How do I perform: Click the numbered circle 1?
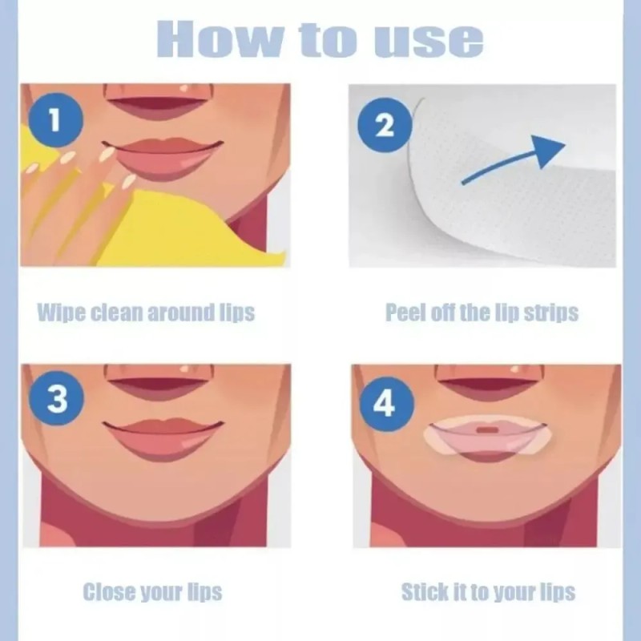(x=55, y=120)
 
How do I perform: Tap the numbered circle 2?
(x=385, y=126)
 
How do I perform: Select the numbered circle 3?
(x=56, y=398)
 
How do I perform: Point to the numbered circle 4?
(x=386, y=405)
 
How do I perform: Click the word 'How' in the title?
(x=219, y=38)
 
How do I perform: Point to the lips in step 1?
(x=163, y=158)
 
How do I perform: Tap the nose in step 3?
(x=159, y=382)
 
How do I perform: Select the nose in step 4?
(x=489, y=383)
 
